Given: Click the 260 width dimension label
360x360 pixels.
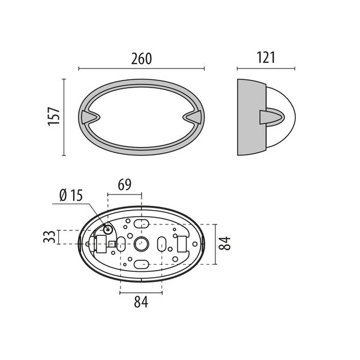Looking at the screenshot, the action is (142, 59).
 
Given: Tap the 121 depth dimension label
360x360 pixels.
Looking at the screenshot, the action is (266, 58).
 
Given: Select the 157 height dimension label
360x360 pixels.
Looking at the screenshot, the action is (54, 116).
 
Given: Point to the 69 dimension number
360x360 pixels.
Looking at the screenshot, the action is (125, 184).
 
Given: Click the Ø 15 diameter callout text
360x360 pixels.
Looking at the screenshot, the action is (71, 196).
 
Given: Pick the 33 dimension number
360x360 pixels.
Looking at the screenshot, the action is (49, 237).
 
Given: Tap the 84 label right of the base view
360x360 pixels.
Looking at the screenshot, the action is (224, 243).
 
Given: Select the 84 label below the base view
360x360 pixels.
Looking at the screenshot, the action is (141, 302).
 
